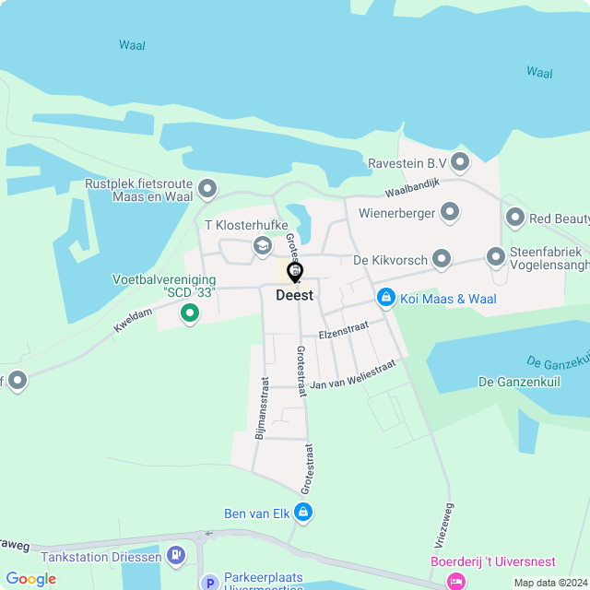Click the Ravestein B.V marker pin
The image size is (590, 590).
(x=460, y=163)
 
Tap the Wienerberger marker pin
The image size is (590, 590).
(x=450, y=213)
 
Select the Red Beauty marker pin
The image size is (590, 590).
(x=515, y=218)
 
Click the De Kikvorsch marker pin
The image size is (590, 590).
(x=442, y=260)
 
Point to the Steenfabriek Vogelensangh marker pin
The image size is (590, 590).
(x=496, y=257)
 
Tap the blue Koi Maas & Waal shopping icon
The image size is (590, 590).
(x=385, y=298)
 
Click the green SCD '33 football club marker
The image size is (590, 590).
(x=190, y=313)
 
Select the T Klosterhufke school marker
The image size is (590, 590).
(x=263, y=246)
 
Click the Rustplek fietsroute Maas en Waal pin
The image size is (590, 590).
(x=208, y=190)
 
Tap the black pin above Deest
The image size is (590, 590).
(x=295, y=272)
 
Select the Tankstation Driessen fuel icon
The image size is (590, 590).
(x=176, y=556)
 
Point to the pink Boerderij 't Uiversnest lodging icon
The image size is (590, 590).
(x=454, y=581)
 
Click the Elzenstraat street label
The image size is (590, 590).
(x=342, y=330)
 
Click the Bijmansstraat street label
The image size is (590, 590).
(x=262, y=406)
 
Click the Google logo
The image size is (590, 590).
(x=30, y=579)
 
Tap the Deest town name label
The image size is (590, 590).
(x=294, y=296)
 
